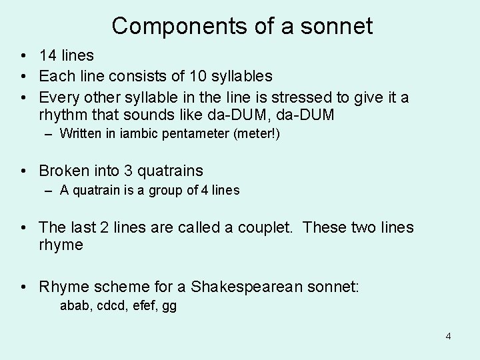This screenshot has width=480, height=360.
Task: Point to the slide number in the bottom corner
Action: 448,336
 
